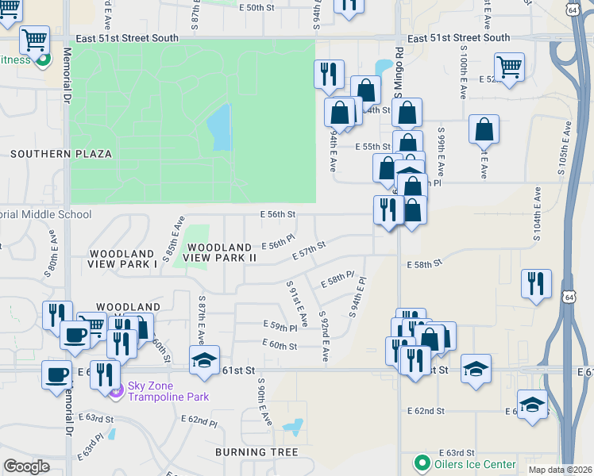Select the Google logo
click(x=26, y=466)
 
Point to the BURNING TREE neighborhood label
click(x=256, y=452)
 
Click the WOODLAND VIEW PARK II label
click(x=220, y=252)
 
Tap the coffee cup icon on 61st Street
click(x=57, y=374)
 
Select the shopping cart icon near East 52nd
click(x=509, y=66)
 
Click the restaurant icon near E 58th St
click(x=536, y=282)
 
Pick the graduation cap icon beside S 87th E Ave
click(x=204, y=359)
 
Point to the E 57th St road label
click(x=309, y=251)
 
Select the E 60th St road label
click(x=280, y=346)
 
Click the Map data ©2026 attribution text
click(x=559, y=470)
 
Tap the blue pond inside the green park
click(x=218, y=127)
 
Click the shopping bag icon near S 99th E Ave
click(x=484, y=128)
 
